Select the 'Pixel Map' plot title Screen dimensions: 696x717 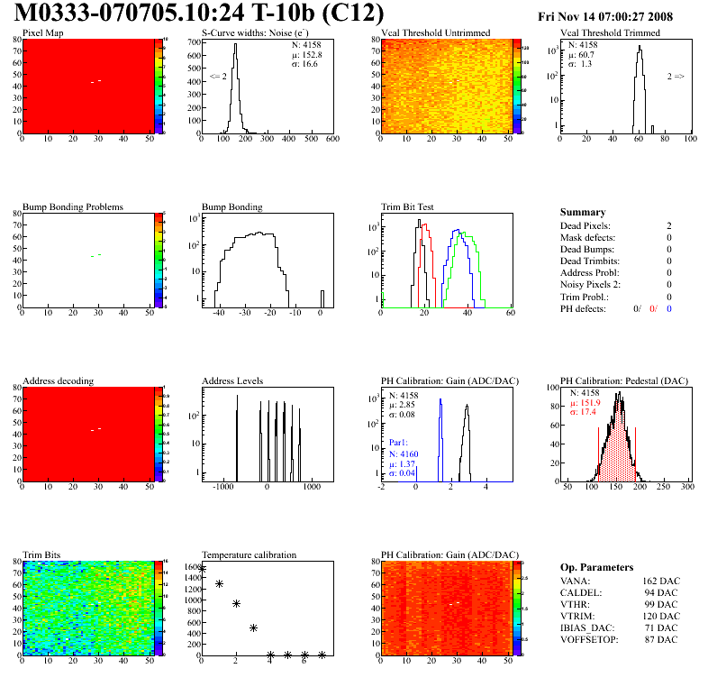(42, 33)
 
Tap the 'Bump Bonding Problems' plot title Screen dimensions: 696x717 (73, 206)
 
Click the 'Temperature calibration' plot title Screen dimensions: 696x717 (249, 554)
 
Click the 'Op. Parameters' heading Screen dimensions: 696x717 (596, 567)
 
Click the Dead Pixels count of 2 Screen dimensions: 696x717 (668, 225)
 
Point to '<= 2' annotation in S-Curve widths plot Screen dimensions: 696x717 (218, 77)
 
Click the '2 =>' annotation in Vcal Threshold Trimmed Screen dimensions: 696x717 (676, 77)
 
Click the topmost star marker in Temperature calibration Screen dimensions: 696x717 (202, 569)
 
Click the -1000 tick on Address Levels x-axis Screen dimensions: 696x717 (221, 487)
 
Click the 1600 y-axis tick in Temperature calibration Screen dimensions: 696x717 (190, 567)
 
